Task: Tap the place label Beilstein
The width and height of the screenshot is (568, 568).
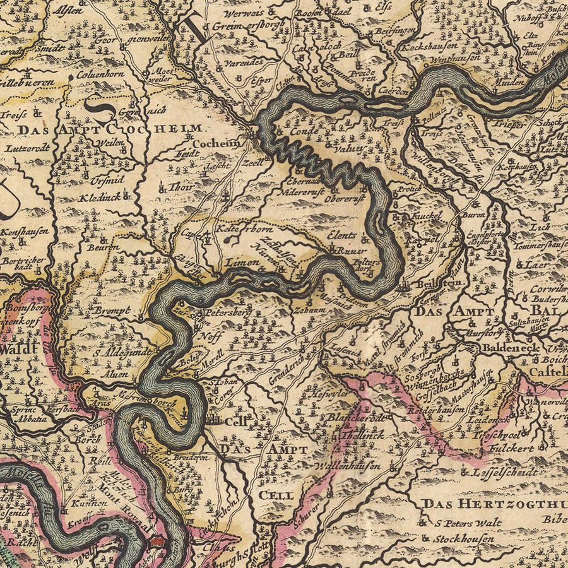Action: tap(435, 286)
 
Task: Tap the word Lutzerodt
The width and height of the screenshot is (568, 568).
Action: tap(28, 148)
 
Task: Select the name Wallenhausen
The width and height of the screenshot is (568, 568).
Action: tap(352, 466)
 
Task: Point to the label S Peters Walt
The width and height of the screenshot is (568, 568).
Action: tap(468, 523)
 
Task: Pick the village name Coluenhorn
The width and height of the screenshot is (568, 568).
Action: tap(100, 73)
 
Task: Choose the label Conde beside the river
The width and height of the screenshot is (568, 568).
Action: tap(305, 132)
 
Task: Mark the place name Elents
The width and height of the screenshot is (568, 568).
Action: tap(342, 235)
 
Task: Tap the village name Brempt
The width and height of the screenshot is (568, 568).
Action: tap(112, 311)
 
